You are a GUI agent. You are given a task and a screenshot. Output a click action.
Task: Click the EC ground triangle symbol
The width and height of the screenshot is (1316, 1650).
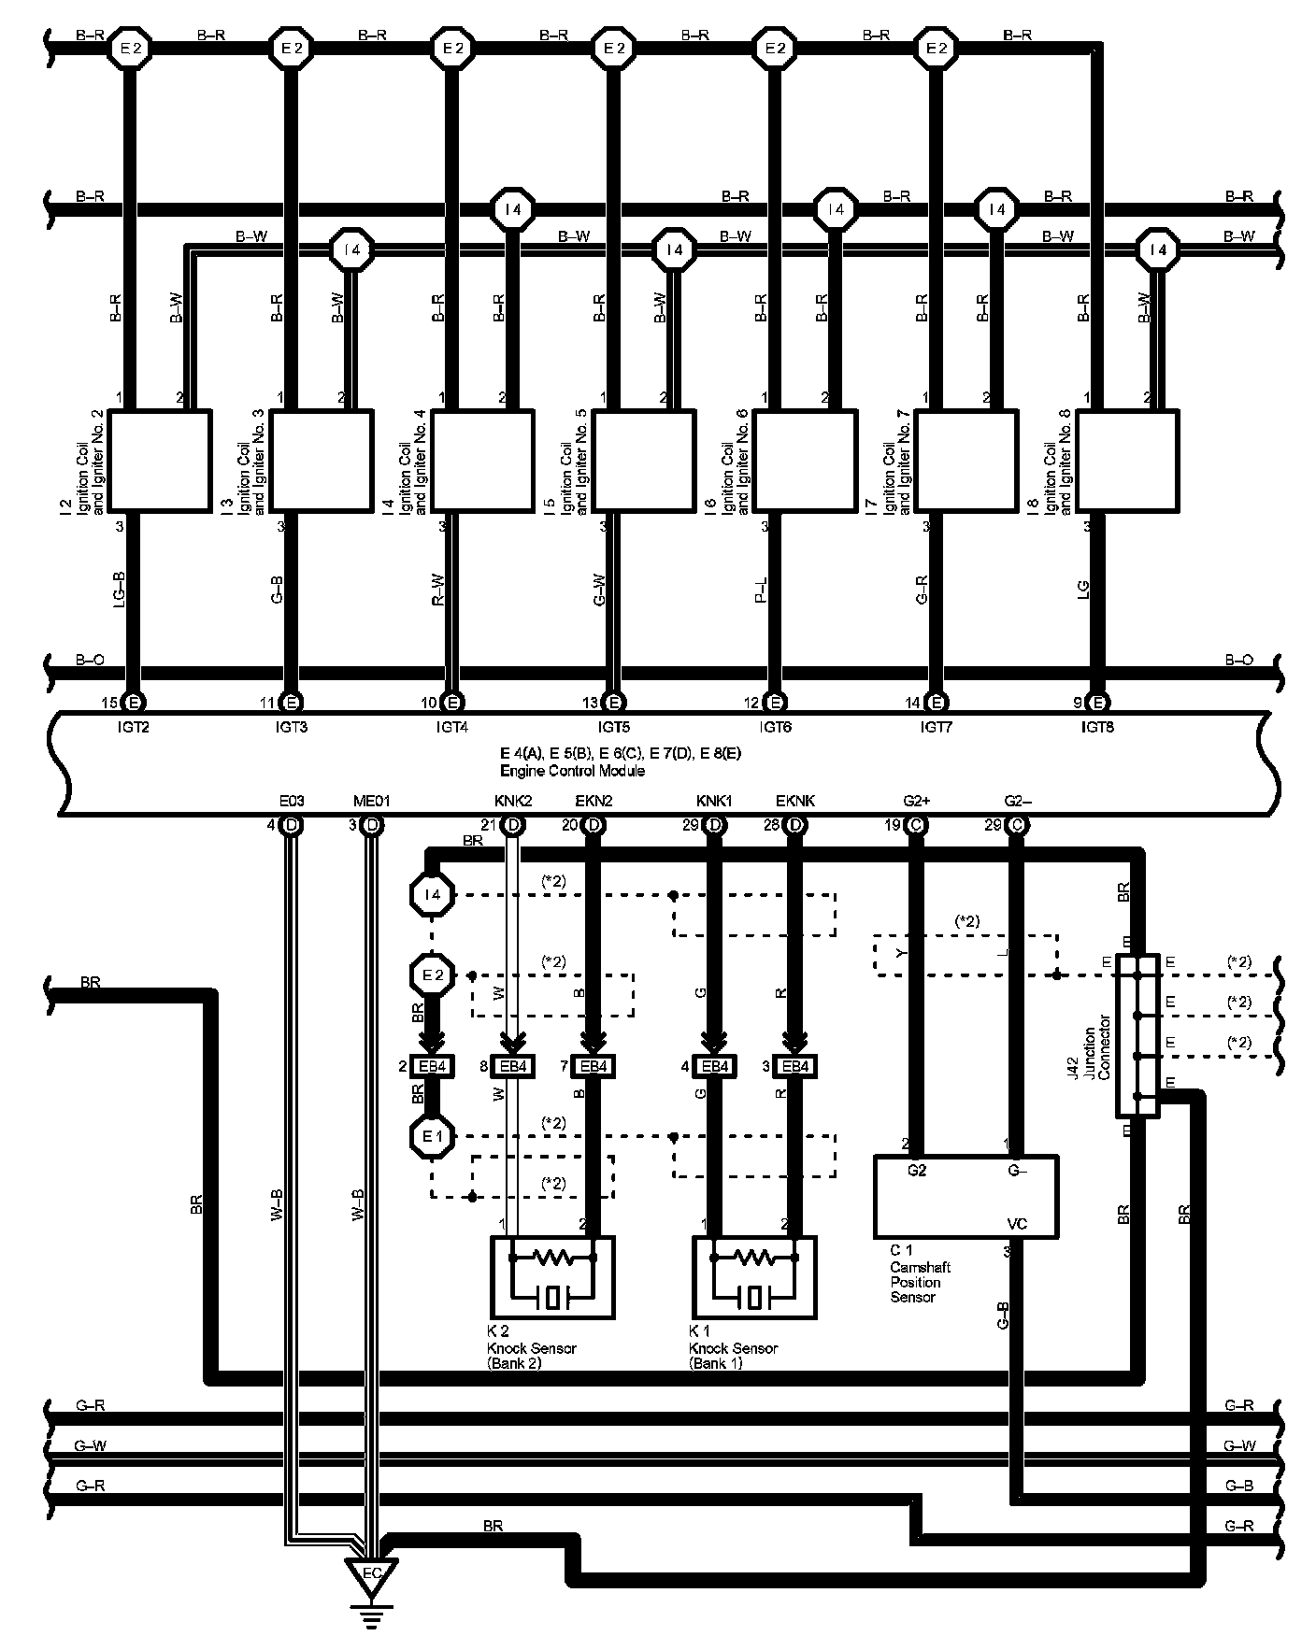pyautogui.click(x=371, y=1573)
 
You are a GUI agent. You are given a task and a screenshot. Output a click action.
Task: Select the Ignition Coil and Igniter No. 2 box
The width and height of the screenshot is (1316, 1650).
pyautogui.click(x=160, y=461)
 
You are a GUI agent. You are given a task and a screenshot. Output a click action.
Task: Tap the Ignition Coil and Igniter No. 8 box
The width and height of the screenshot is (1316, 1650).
pyautogui.click(x=1128, y=461)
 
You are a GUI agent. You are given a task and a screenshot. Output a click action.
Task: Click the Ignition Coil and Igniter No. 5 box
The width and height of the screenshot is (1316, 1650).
pyautogui.click(x=645, y=461)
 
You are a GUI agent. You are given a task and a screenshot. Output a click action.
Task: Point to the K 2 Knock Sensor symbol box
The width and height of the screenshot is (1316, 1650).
pyautogui.click(x=552, y=1277)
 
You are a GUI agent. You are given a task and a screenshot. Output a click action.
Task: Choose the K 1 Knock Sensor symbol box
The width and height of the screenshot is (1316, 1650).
pyautogui.click(x=754, y=1277)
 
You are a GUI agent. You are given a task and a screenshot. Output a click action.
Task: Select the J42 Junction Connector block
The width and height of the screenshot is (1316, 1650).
pyautogui.click(x=1137, y=1035)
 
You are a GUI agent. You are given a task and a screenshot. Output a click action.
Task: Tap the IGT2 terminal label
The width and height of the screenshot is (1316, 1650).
pyautogui.click(x=134, y=726)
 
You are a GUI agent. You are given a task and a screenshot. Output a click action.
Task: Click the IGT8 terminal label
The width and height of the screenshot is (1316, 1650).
pyautogui.click(x=1098, y=726)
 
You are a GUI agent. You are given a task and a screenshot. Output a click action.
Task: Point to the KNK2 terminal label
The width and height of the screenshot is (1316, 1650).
pyautogui.click(x=512, y=801)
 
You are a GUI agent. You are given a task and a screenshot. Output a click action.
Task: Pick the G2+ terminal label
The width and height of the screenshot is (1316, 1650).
pyautogui.click(x=916, y=801)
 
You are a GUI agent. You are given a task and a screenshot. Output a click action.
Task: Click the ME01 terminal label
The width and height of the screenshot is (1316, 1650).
pyautogui.click(x=371, y=801)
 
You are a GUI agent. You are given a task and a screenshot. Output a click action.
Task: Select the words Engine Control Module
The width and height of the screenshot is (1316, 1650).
pyautogui.click(x=572, y=771)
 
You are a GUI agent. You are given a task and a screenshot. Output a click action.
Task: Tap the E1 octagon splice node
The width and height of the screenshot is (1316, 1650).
pyautogui.click(x=432, y=1137)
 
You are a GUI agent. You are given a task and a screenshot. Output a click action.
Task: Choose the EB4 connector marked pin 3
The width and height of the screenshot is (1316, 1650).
pyautogui.click(x=795, y=1066)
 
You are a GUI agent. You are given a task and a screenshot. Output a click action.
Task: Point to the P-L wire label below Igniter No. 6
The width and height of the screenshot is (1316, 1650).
pyautogui.click(x=762, y=590)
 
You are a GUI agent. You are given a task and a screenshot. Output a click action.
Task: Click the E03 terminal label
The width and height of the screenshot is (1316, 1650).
pyautogui.click(x=292, y=801)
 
